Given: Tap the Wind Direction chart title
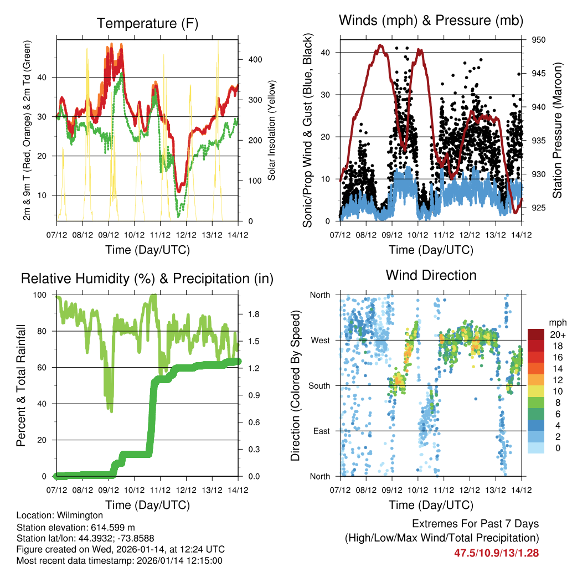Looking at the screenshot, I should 431,275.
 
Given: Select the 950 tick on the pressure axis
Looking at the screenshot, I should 539,40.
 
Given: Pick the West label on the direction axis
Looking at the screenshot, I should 319,340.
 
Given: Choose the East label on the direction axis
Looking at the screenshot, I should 321,431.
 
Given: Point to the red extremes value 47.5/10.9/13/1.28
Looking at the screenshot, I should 497,553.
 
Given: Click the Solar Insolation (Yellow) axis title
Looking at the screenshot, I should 272,130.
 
